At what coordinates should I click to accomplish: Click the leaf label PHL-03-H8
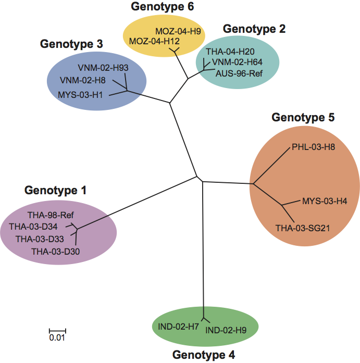[x=314, y=147]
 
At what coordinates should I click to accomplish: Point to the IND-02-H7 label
[x=178, y=327]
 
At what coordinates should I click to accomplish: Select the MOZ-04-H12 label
[x=153, y=41]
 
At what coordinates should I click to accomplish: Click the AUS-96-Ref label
[x=239, y=72]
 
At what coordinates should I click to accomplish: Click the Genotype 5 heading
[x=303, y=118]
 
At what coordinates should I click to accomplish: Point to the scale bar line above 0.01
[x=57, y=331]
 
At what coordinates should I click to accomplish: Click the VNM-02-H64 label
[x=240, y=62]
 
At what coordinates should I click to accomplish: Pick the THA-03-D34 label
[x=40, y=227]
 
